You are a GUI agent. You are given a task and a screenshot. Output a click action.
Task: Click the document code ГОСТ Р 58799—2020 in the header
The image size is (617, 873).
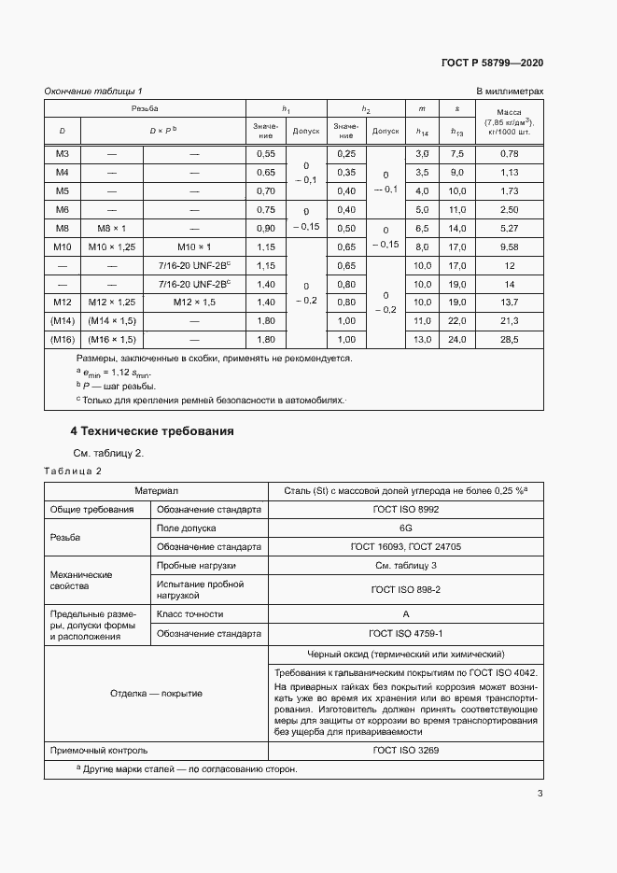point(492,63)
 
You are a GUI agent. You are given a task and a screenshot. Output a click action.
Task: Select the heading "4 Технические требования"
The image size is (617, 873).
point(152,431)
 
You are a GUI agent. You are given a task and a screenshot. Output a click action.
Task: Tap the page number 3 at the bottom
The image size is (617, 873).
point(540,795)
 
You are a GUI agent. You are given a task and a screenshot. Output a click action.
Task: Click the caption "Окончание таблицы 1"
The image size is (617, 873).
point(93,91)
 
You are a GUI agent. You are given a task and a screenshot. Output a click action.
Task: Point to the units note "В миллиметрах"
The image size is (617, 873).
point(510,91)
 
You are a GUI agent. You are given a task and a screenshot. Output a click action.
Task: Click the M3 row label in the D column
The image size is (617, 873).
point(63,153)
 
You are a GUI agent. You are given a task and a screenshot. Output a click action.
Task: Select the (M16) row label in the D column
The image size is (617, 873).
point(63,339)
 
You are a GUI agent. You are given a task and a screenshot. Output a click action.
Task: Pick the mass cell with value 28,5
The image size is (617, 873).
point(509,339)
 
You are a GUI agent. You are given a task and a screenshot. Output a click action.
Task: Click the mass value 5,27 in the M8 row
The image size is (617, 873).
point(509,228)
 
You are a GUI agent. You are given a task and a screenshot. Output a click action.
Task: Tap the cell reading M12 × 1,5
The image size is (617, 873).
point(193,302)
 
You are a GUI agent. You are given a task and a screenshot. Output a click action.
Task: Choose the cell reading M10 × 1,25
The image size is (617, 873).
point(111,246)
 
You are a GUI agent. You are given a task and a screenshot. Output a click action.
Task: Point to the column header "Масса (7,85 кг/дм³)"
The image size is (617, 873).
point(509,121)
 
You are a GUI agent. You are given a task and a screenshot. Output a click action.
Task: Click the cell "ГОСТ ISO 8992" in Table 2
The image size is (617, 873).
point(406,509)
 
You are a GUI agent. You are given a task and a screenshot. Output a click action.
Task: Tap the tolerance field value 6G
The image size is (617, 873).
point(406,528)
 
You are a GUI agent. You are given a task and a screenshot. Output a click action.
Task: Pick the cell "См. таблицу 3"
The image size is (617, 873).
point(406,565)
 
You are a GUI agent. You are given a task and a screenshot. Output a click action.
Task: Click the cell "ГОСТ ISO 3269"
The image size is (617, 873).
point(406,750)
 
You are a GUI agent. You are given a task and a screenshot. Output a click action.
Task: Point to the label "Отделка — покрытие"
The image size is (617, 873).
point(156,693)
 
